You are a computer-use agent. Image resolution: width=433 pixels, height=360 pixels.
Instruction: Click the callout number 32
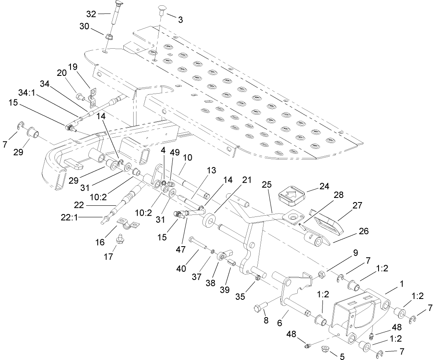(91, 14)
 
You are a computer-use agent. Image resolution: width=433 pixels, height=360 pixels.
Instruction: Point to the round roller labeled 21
(210, 220)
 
